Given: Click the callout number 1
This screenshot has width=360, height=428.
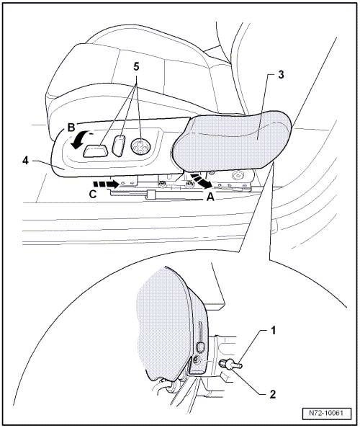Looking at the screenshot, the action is coord(273,331).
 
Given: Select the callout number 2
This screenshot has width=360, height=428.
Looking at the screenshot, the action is coord(273,394).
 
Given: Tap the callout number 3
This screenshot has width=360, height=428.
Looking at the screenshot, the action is coord(281,74).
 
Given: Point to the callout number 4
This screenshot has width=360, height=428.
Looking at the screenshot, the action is coord(25,161).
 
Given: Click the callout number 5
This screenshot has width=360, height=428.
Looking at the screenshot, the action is coord(136,66).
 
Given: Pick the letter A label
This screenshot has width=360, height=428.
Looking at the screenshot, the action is coord(210,197).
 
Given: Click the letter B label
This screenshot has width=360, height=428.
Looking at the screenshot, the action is coord(71,128).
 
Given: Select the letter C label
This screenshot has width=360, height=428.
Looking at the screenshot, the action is coord(93,194).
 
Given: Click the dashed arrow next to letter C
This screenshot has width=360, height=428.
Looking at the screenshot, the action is coord(106,184).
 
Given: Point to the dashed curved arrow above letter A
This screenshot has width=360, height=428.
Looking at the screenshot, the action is coord(202,181).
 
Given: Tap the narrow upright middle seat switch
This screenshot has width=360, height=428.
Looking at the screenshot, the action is coord(120,146).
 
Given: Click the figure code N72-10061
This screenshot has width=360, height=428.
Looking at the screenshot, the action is coord(326,413).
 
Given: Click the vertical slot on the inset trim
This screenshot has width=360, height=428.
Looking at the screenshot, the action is coord(200,331).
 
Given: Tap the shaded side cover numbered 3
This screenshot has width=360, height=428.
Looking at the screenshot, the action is coord(232,141).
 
